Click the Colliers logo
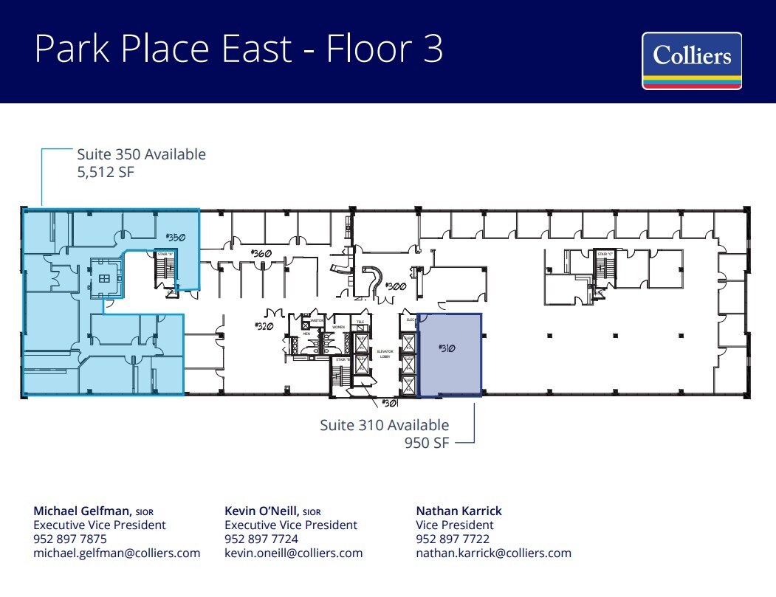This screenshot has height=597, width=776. [691, 61]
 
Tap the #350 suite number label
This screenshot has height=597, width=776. [174, 237]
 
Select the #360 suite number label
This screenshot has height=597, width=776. [261, 253]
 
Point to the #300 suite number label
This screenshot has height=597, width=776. [396, 286]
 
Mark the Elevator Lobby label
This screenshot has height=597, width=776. [385, 353]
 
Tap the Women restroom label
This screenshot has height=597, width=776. [338, 327]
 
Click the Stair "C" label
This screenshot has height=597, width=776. [605, 254]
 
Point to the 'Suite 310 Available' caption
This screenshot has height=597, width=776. [384, 425]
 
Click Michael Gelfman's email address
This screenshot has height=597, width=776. [117, 553]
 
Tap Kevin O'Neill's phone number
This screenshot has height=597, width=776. [261, 539]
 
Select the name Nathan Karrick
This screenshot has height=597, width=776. [459, 511]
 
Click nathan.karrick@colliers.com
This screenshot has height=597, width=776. [493, 553]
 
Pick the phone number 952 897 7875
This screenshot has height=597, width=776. [70, 539]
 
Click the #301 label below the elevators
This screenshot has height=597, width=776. [389, 403]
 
